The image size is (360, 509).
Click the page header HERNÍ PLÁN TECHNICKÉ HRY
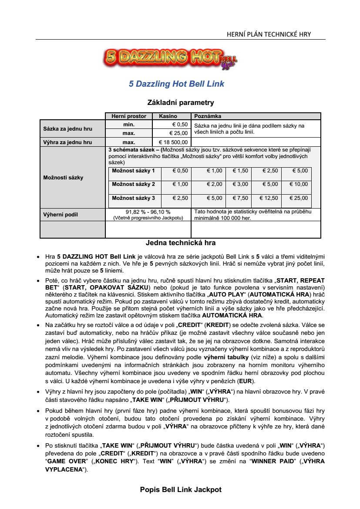[269, 34]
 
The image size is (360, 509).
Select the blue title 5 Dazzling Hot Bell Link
[176, 84]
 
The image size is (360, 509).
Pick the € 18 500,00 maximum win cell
[173, 142]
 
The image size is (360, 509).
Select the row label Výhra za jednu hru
[67, 142]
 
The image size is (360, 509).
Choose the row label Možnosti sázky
[63, 178]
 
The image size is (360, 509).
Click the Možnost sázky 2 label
[133, 184]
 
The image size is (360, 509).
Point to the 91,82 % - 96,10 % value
[148, 212]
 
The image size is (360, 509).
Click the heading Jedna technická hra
[180, 243]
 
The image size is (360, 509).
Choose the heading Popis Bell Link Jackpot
[181, 489]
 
